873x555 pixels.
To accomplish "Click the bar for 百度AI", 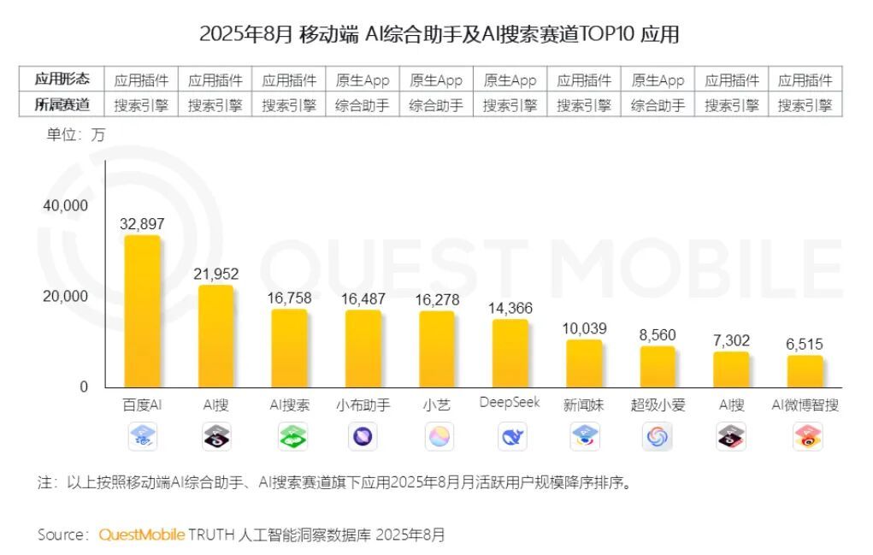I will [x=143, y=311].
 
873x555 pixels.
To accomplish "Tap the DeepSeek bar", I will [x=510, y=353].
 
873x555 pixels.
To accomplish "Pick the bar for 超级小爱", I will [x=658, y=366].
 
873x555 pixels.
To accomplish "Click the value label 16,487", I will [x=363, y=299].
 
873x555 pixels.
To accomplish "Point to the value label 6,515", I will [x=805, y=345].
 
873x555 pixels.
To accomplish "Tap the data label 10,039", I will [x=584, y=328].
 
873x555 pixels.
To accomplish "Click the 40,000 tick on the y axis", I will [x=65, y=206].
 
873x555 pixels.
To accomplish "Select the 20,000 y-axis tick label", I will [x=65, y=297].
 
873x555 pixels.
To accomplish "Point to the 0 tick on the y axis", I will [x=83, y=387].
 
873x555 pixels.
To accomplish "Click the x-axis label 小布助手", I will [x=363, y=405].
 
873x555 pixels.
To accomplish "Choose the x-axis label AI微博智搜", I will [x=805, y=405].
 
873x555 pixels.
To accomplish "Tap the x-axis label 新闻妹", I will [x=584, y=405].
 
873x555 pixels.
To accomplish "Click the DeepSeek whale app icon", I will [x=510, y=437].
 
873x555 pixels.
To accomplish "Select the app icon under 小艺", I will [x=437, y=437].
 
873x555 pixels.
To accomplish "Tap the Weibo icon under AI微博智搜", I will [x=805, y=437].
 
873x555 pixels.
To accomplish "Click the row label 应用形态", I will [x=62, y=80].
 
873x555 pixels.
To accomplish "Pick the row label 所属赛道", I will [x=62, y=105].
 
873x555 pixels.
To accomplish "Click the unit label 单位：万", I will [x=76, y=135].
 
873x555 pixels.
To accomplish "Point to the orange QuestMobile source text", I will [x=141, y=534].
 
